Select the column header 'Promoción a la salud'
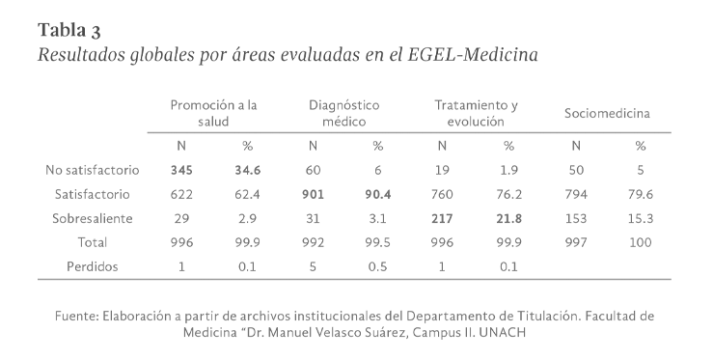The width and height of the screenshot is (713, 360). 213,113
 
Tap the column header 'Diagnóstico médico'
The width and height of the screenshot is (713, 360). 343,113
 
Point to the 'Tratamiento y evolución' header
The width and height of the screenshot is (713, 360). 476,113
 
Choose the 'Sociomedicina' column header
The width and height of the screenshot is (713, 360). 607,113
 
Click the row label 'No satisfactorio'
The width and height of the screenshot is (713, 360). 93,170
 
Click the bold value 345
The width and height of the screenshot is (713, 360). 181,170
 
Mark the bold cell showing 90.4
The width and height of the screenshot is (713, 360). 377,194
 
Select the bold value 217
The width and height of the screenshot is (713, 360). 442,218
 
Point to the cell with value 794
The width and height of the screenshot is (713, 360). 575,194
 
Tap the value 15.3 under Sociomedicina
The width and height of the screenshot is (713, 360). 640,218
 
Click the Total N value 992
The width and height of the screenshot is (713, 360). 312,242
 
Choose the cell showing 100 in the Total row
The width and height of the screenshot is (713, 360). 640,242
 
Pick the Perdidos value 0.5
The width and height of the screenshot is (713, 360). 377,266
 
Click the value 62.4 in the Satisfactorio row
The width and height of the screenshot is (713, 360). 246,194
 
